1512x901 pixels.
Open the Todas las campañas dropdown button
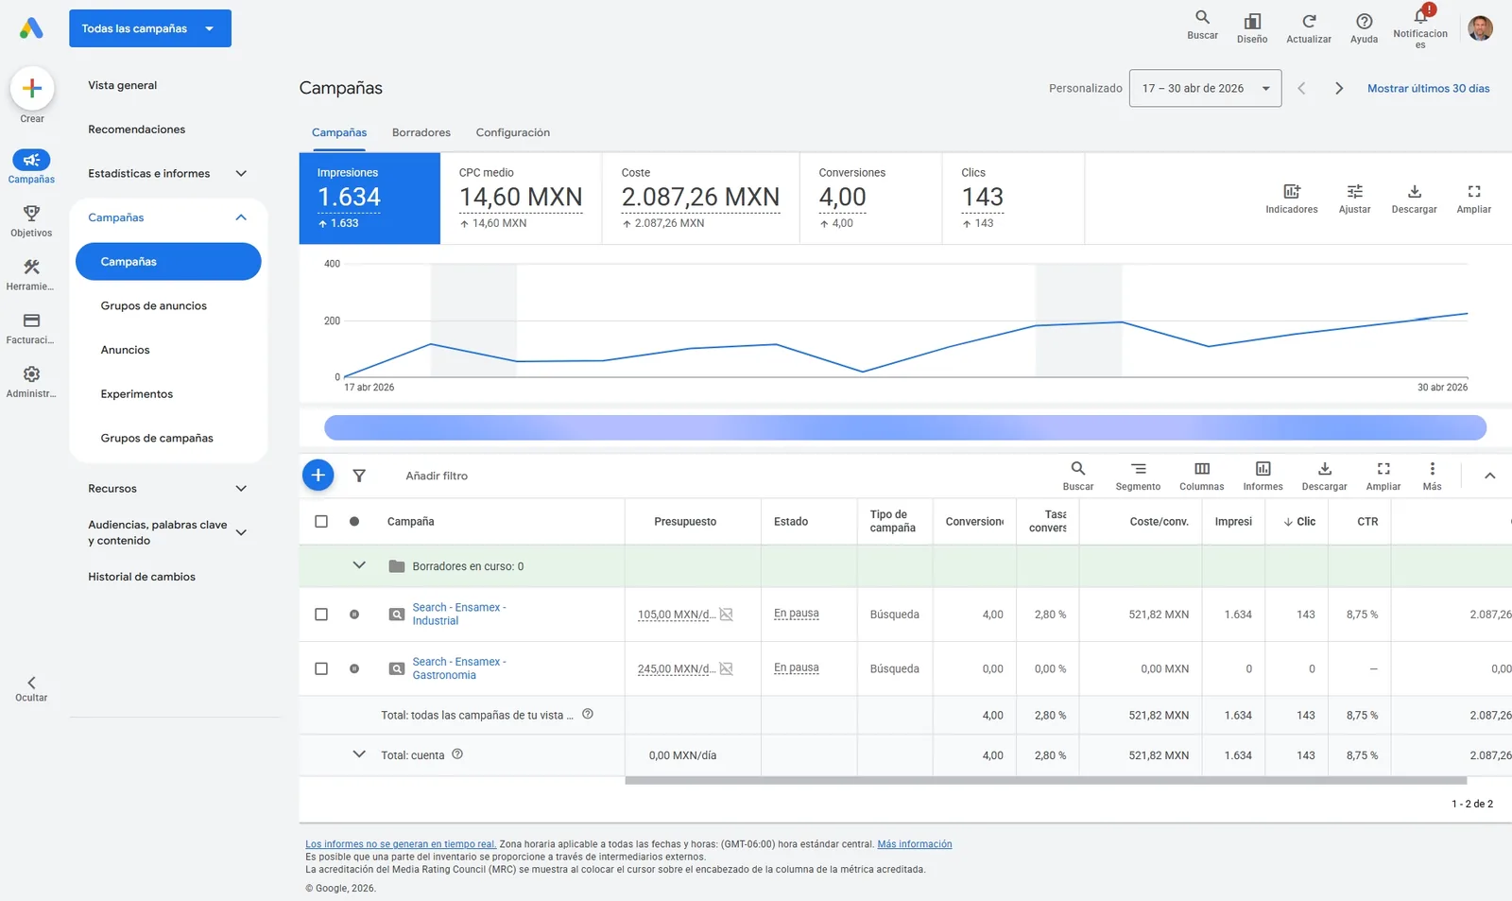click(x=150, y=28)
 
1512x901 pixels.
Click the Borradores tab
click(x=421, y=132)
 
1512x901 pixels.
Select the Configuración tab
click(x=512, y=132)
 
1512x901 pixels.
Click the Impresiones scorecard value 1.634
click(x=349, y=197)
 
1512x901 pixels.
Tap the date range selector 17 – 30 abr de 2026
click(x=1205, y=88)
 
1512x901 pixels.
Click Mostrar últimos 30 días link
click(x=1428, y=89)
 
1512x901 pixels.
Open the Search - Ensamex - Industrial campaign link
click(x=459, y=614)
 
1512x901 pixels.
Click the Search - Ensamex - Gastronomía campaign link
click(x=459, y=668)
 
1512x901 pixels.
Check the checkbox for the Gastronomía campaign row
click(x=321, y=668)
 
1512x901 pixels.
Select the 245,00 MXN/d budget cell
click(x=677, y=668)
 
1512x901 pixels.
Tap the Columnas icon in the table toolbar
click(x=1201, y=469)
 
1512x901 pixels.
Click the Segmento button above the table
click(x=1138, y=476)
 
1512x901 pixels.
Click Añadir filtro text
click(x=436, y=476)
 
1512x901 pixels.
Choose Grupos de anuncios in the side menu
click(x=153, y=306)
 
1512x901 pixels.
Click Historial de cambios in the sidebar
click(x=142, y=577)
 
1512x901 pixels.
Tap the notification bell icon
click(x=1420, y=16)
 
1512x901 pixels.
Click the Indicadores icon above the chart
click(x=1291, y=192)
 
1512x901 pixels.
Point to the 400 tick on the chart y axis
click(x=332, y=264)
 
